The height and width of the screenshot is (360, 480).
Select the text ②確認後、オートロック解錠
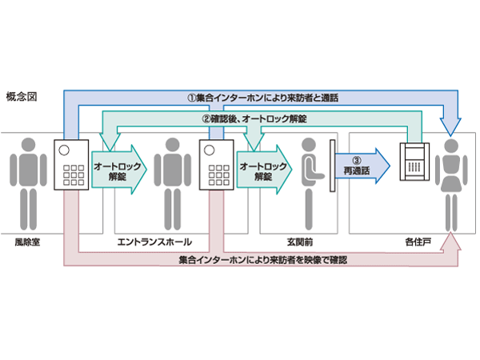pyautogui.click(x=254, y=118)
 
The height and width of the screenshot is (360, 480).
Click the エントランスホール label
pyautogui.click(x=154, y=240)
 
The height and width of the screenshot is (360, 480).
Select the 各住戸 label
pyautogui.click(x=415, y=240)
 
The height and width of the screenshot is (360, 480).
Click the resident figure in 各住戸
pyautogui.click(x=449, y=180)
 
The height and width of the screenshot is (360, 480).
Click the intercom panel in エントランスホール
pyautogui.click(x=214, y=165)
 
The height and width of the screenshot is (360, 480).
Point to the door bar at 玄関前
pyautogui.click(x=330, y=169)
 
